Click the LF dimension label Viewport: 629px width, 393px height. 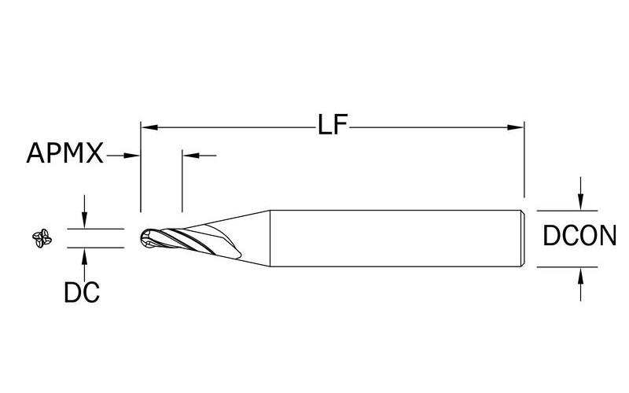point(332,126)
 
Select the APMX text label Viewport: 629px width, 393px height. point(64,154)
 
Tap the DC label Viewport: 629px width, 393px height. point(81,292)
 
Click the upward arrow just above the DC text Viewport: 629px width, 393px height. point(83,254)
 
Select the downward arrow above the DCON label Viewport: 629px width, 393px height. point(580,202)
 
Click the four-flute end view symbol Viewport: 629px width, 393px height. point(40,238)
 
